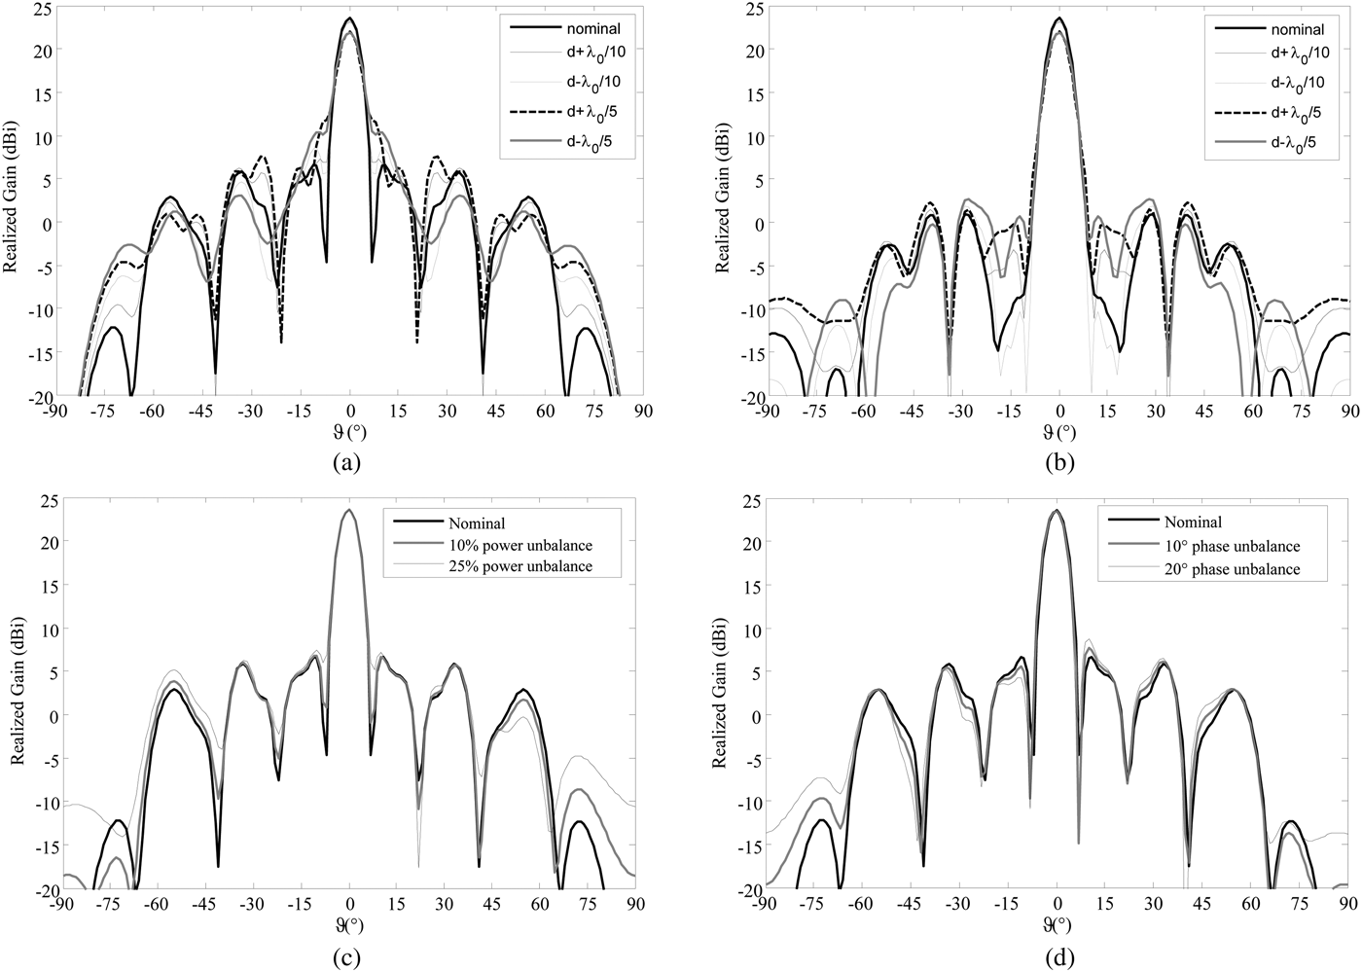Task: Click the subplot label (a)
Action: pyautogui.click(x=347, y=463)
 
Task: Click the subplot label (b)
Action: pyautogui.click(x=1059, y=463)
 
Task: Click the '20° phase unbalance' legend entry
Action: pyautogui.click(x=1232, y=569)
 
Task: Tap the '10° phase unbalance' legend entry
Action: pyautogui.click(x=1232, y=547)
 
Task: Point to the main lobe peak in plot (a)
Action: pyautogui.click(x=350, y=18)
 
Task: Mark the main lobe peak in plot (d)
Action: pyautogui.click(x=1057, y=511)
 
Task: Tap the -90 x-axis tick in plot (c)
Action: pyautogui.click(x=62, y=904)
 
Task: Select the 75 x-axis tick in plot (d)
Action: pyautogui.click(x=1302, y=904)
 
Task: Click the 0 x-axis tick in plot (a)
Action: pyautogui.click(x=350, y=411)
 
